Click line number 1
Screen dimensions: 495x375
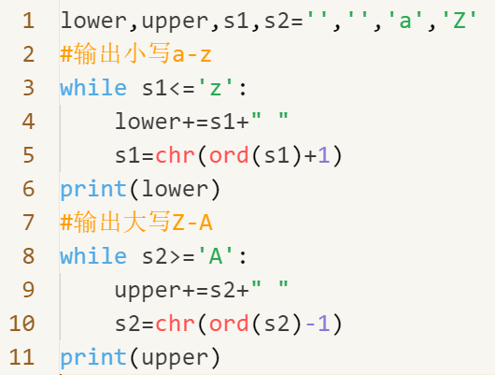point(29,21)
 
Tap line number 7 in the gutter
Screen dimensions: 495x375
point(29,223)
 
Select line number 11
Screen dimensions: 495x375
point(21,357)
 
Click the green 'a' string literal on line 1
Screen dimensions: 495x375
point(405,21)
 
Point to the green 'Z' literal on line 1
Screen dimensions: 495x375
point(460,21)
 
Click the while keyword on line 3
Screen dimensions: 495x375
point(93,88)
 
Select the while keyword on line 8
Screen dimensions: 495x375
point(93,256)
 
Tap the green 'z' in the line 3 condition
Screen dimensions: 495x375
point(216,88)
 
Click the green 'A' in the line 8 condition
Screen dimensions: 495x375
point(216,256)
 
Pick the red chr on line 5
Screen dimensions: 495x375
point(175,155)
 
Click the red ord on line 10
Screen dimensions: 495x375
point(229,324)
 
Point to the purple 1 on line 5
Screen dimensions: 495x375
point(324,155)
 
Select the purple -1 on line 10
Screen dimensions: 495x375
point(318,324)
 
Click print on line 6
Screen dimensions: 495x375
point(93,189)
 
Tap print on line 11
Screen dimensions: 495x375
point(93,357)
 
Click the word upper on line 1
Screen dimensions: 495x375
point(175,22)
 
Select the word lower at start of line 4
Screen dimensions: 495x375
point(148,122)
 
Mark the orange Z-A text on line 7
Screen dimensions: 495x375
point(192,223)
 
